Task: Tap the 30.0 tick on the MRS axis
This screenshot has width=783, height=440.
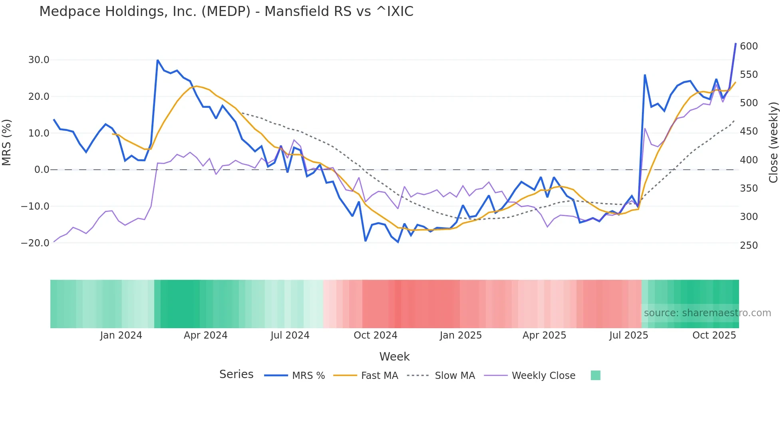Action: tap(39, 60)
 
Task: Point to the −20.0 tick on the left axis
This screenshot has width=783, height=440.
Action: tap(35, 243)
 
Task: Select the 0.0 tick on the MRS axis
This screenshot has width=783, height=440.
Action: tap(42, 170)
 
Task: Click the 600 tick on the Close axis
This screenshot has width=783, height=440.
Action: tap(749, 46)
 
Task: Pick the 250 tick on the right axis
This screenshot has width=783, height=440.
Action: tap(749, 246)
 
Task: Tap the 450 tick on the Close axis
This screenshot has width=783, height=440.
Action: tap(749, 131)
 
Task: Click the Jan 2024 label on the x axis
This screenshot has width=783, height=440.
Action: tap(121, 335)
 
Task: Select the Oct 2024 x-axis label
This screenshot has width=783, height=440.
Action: tap(376, 335)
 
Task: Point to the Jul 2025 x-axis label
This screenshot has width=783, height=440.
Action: tap(628, 335)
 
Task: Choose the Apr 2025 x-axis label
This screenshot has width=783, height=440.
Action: tap(544, 335)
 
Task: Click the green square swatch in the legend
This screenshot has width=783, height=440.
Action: tap(595, 375)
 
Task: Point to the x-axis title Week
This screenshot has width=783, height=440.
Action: tap(394, 357)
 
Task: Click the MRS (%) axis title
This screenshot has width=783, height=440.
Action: tap(7, 142)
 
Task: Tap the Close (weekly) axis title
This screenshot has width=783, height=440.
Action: tap(774, 142)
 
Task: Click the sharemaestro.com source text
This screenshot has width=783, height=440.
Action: tap(707, 313)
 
